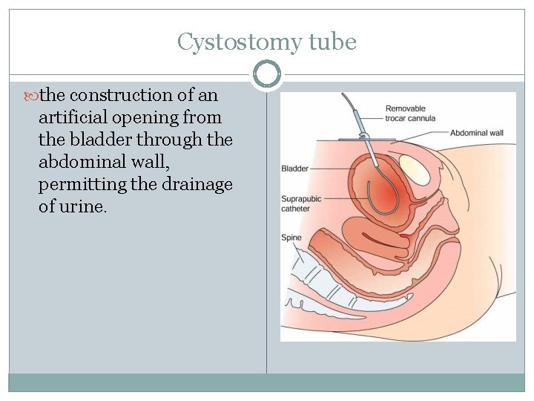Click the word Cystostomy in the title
click(x=237, y=42)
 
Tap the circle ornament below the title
click(x=266, y=74)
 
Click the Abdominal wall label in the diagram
click(x=476, y=133)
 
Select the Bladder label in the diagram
click(x=294, y=169)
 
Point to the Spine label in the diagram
click(x=291, y=238)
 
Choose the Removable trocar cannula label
click(x=410, y=113)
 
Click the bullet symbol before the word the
click(x=33, y=96)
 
